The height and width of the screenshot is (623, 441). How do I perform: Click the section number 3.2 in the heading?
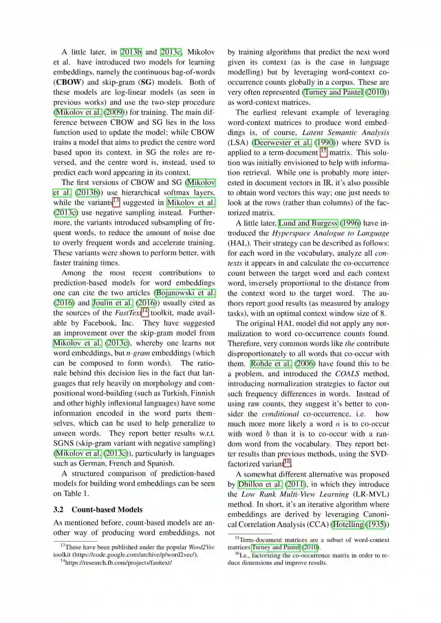pyautogui.click(x=58, y=510)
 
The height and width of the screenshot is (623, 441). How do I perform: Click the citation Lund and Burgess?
pyautogui.click(x=308, y=223)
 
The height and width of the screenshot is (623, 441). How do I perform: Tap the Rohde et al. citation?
pyautogui.click(x=271, y=364)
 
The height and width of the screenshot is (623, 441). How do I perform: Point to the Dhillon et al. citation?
pyautogui.click(x=260, y=484)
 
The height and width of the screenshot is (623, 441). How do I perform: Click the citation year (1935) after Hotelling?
pyautogui.click(x=376, y=524)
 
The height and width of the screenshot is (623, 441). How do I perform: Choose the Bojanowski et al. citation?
pyautogui.click(x=185, y=293)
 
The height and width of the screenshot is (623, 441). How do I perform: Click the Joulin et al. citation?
pyautogui.click(x=112, y=303)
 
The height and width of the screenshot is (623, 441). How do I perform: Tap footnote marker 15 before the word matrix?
pyautogui.click(x=323, y=152)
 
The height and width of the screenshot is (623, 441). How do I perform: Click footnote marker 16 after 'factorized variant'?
pyautogui.click(x=287, y=463)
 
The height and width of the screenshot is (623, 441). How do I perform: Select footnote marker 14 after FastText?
pyautogui.click(x=145, y=312)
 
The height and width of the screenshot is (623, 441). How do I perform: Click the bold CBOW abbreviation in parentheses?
pyautogui.click(x=67, y=82)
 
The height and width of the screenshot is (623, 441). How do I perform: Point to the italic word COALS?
pyautogui.click(x=347, y=374)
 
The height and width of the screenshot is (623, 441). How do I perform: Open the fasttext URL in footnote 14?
pyautogui.click(x=118, y=563)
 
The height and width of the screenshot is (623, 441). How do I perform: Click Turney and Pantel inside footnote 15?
pyautogui.click(x=276, y=547)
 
